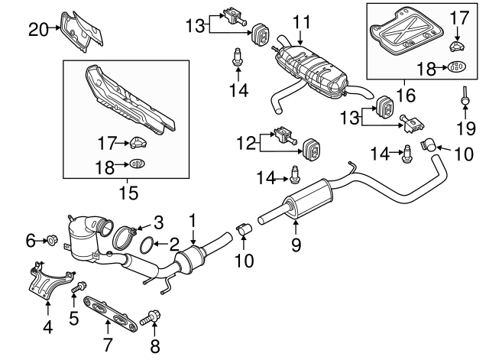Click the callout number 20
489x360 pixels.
coord(38,30)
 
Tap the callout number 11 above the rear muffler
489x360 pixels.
coord(303,20)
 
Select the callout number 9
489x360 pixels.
coord(296,245)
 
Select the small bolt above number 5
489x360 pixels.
coord(77,289)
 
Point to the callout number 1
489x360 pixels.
coord(193,221)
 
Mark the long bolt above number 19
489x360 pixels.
coord(464,96)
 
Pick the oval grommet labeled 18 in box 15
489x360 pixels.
coord(137,164)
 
